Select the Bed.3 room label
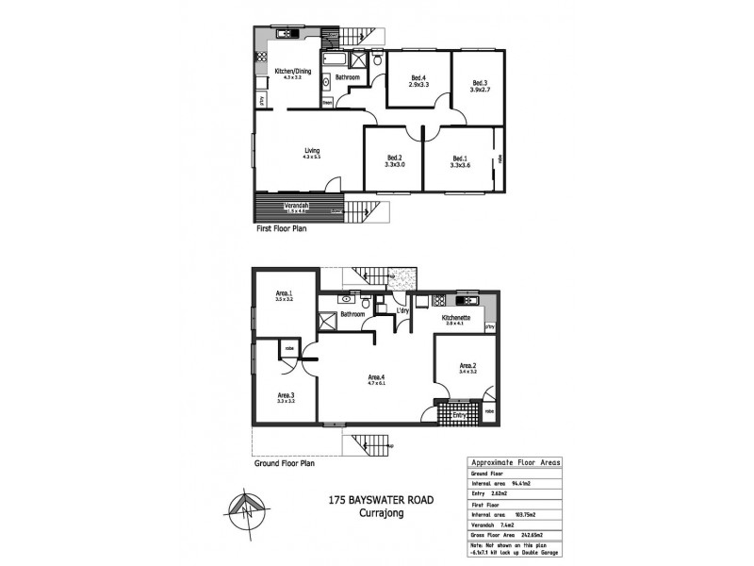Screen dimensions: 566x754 coord(480,83)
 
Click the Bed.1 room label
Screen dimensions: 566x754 coord(460,158)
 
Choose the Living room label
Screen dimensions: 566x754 coord(311,150)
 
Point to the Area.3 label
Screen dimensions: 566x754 coord(287,395)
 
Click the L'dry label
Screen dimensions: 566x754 coord(402,310)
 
